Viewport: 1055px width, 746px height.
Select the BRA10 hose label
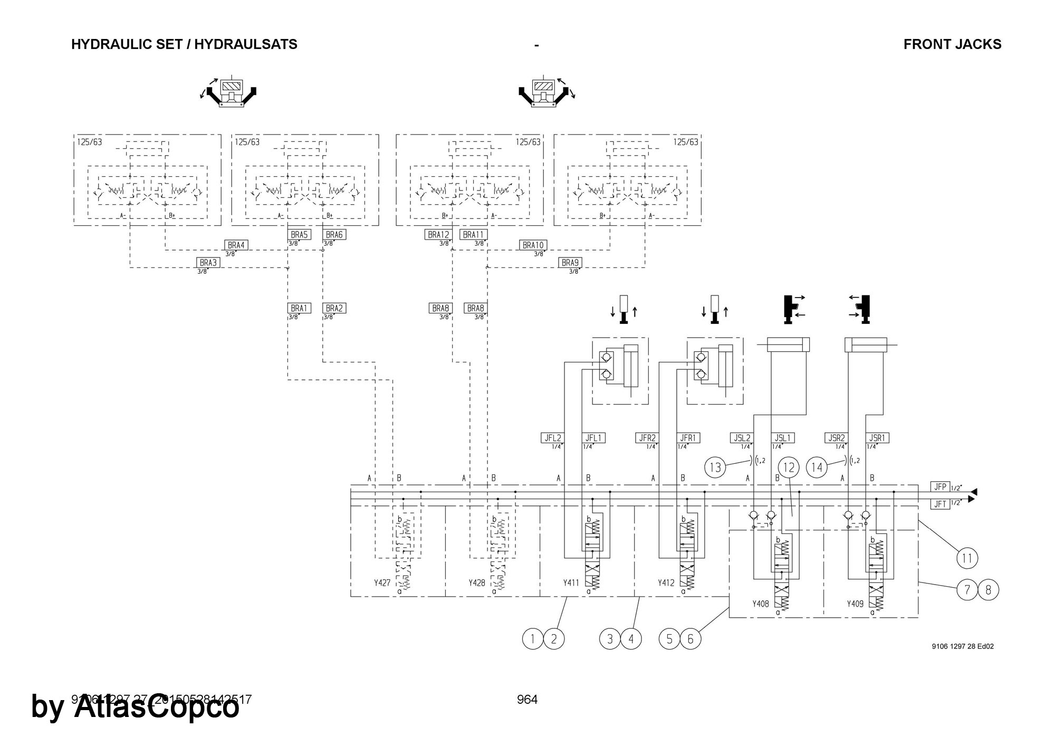(x=533, y=245)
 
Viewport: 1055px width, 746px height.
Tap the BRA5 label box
(x=299, y=235)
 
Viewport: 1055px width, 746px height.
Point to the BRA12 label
(x=438, y=235)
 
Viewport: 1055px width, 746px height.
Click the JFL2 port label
(x=552, y=438)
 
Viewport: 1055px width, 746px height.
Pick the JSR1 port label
(x=878, y=438)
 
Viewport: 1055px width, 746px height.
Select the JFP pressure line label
(x=939, y=486)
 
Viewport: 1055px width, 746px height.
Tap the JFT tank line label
(x=939, y=504)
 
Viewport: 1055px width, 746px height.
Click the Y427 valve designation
(x=382, y=583)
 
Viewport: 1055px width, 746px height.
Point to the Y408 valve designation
(x=760, y=604)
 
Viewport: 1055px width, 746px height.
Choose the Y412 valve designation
(x=666, y=583)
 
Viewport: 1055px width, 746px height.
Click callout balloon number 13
(x=715, y=467)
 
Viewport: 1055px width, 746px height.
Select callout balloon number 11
(x=967, y=558)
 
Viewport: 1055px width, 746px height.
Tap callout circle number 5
(x=669, y=639)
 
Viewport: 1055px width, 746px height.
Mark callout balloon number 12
(x=789, y=467)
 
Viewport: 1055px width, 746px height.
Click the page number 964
(x=527, y=700)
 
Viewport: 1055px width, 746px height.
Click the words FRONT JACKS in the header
(x=952, y=44)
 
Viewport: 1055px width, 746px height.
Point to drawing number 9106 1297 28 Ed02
(x=963, y=646)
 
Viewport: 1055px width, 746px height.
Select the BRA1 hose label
(x=299, y=308)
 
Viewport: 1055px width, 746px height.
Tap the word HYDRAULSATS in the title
(x=246, y=44)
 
